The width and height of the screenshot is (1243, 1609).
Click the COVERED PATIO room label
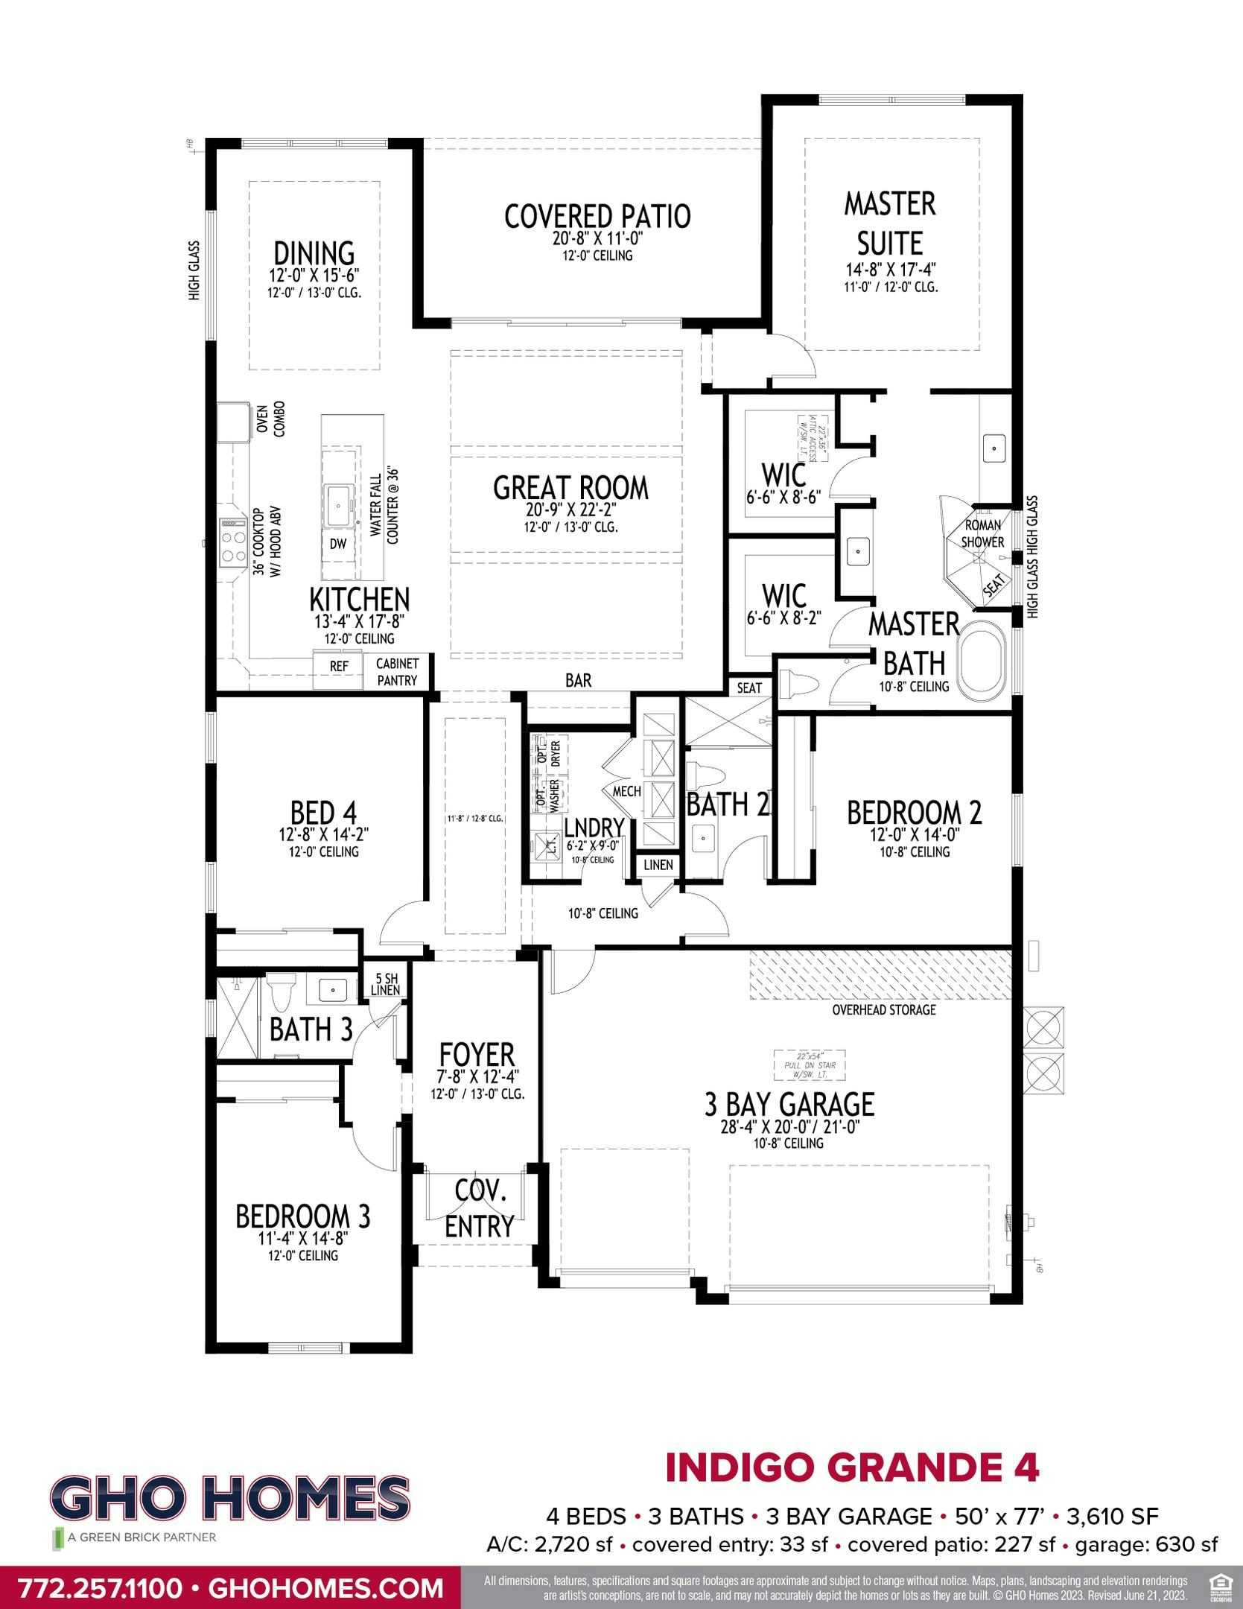(597, 216)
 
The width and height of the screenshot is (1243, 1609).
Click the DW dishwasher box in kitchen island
(338, 544)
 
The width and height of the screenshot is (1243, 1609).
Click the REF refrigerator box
(339, 666)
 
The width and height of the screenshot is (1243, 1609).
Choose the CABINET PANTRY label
(396, 671)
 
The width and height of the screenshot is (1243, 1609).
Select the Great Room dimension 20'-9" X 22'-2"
(570, 511)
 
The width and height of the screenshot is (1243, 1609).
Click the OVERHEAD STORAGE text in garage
(884, 1009)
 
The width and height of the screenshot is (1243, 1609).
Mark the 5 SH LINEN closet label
(387, 984)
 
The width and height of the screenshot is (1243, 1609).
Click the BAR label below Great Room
(578, 680)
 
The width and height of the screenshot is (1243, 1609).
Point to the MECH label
(626, 791)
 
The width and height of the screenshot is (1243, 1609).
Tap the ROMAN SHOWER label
(982, 533)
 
